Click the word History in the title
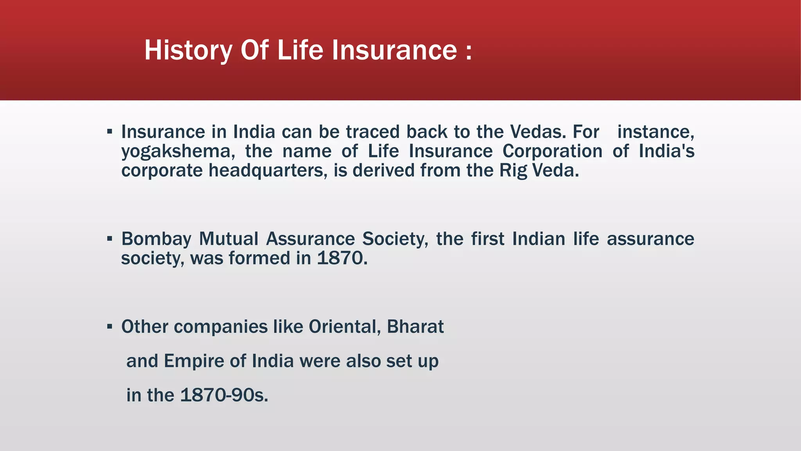pos(188,51)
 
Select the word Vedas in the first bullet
pos(538,132)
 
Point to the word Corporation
pos(552,152)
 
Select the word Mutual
pos(228,239)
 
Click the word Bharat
pos(415,327)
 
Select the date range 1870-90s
pos(224,395)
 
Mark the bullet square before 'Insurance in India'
pos(110,132)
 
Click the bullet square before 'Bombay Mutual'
pos(110,238)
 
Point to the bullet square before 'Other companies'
pos(110,326)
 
